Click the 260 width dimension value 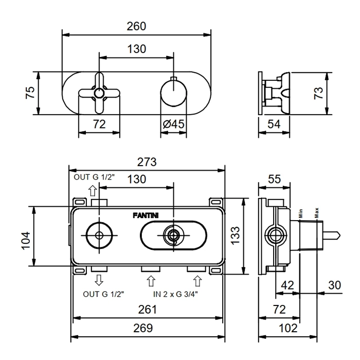click(x=136, y=26)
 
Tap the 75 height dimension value click(x=30, y=93)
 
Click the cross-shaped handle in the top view click(x=99, y=93)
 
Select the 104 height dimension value click(x=26, y=237)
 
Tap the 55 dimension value click(x=275, y=179)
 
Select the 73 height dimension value click(x=319, y=93)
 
